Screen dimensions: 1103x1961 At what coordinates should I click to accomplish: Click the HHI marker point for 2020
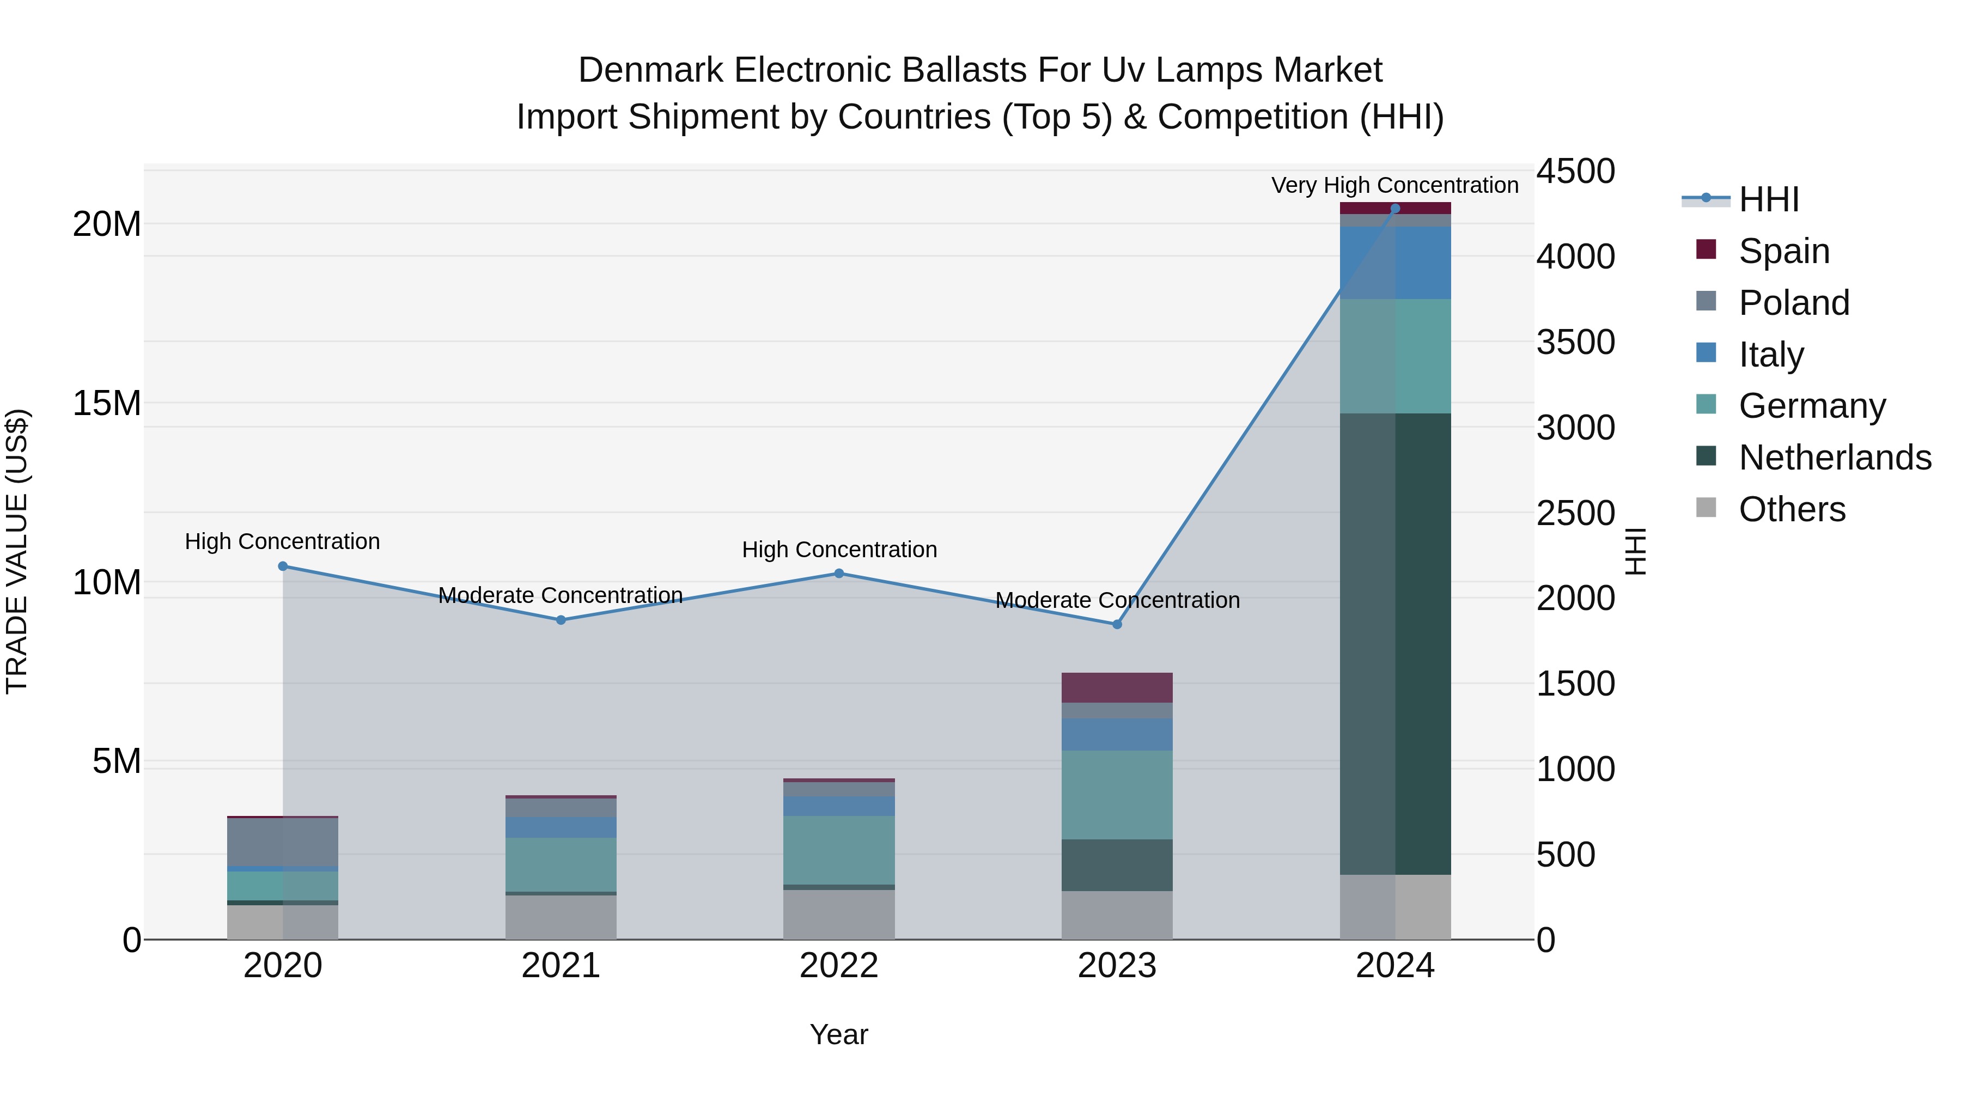(x=282, y=566)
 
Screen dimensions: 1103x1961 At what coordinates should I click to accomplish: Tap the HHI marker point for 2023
(x=1117, y=624)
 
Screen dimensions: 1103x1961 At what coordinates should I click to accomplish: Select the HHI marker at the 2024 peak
(x=1394, y=209)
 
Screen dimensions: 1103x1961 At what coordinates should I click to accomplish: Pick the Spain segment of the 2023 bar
(x=1117, y=687)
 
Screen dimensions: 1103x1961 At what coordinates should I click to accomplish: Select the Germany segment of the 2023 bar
(x=1117, y=795)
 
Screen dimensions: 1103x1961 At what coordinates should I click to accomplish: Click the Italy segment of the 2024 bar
(x=1394, y=263)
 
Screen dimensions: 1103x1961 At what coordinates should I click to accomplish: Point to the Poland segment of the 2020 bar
(x=282, y=842)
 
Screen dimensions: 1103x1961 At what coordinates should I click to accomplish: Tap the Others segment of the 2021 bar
(x=561, y=917)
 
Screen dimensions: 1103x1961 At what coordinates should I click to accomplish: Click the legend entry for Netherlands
(x=1834, y=458)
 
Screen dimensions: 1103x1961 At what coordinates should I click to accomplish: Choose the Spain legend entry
(x=1783, y=251)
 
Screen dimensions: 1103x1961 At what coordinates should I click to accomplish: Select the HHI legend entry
(x=1768, y=199)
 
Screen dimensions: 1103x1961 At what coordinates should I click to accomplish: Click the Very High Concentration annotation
(x=1394, y=185)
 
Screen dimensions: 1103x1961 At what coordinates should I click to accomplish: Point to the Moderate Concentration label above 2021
(x=561, y=595)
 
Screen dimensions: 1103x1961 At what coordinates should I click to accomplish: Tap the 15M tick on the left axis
(x=107, y=404)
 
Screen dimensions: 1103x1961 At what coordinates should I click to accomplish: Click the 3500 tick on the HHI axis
(x=1574, y=342)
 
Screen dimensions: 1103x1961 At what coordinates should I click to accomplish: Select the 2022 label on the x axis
(x=839, y=966)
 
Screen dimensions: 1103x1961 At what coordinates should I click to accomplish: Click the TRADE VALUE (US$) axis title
(x=17, y=551)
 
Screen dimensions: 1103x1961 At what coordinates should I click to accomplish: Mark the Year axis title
(x=839, y=1034)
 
